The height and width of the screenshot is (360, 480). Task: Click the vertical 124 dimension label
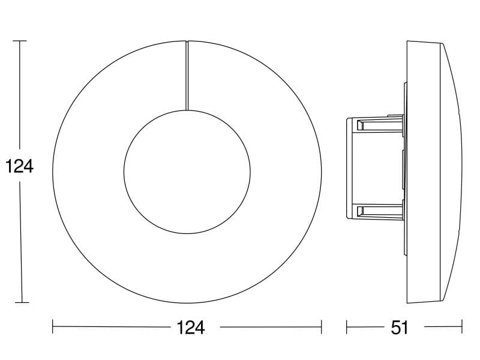point(19,167)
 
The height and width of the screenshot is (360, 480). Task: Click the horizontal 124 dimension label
point(190,328)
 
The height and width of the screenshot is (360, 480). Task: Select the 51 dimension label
point(399,328)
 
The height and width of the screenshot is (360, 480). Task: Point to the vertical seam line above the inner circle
point(187,76)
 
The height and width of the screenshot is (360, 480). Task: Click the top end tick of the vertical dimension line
point(20,41)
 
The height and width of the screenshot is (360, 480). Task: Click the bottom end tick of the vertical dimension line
point(22,303)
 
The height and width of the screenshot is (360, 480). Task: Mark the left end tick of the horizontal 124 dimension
point(53,326)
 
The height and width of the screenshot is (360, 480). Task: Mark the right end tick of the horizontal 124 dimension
point(321,326)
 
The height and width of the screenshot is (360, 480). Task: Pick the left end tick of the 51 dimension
point(347,326)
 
